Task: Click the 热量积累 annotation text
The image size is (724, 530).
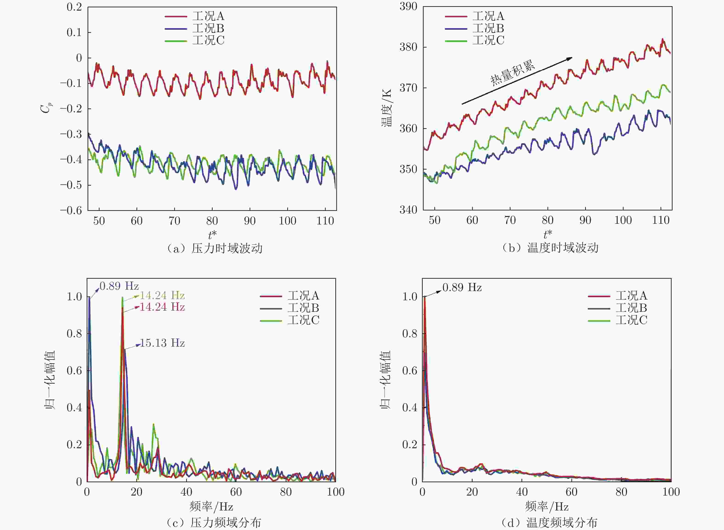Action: (x=513, y=73)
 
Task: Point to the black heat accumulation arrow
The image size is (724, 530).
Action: (x=517, y=81)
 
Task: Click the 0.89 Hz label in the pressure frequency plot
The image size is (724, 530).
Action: (x=119, y=286)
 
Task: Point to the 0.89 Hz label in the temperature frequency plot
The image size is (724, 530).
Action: (x=462, y=287)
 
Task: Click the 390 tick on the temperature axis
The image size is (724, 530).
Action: (x=408, y=6)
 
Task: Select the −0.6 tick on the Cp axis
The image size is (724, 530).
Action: (x=71, y=210)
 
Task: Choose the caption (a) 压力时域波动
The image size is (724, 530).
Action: (x=214, y=248)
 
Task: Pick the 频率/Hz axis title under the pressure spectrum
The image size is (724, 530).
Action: (x=211, y=507)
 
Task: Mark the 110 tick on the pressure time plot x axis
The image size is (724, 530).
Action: (x=325, y=221)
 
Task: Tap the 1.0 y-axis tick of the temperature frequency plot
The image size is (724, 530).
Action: (x=410, y=296)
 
